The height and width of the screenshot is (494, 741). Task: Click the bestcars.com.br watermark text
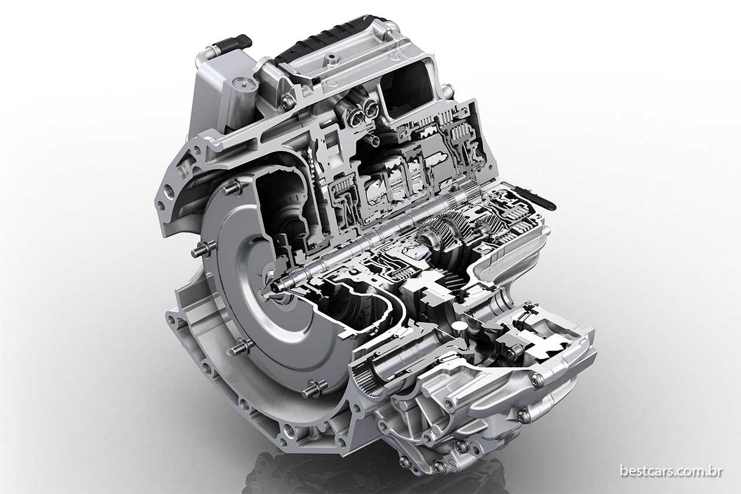[671, 471]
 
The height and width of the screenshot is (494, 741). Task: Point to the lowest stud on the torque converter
[314, 389]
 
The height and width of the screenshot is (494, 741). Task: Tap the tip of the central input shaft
[276, 287]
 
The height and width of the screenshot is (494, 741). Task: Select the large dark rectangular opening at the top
[409, 89]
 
